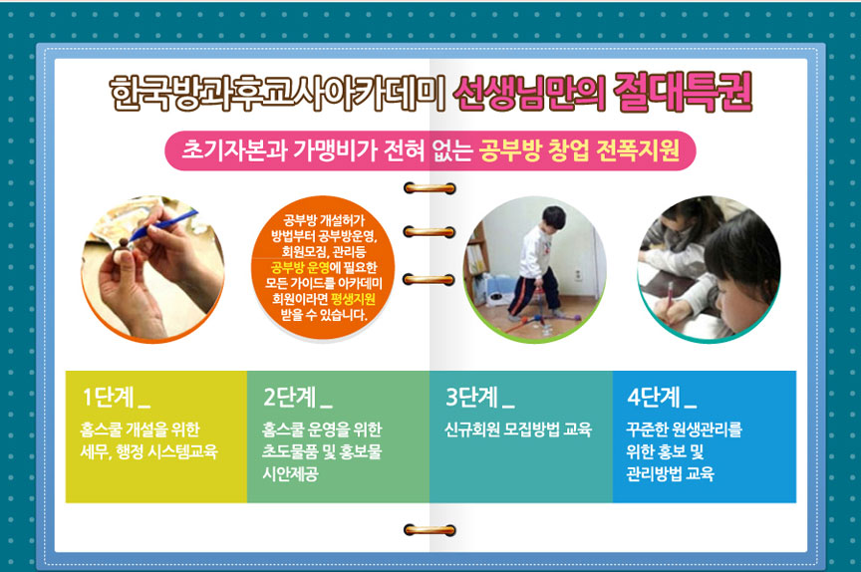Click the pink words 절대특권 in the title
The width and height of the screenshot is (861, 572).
[x=683, y=93]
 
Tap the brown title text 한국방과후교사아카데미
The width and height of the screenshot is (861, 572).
[x=278, y=94]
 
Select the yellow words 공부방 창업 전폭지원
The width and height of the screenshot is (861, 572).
[x=580, y=149]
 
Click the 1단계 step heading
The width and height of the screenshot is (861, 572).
[x=116, y=397]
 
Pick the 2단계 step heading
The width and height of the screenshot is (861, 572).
[x=298, y=397]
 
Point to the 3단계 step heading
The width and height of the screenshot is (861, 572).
[x=480, y=397]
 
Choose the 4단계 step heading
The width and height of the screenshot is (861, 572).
[x=662, y=397]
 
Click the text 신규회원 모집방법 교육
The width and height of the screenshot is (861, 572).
[x=518, y=429]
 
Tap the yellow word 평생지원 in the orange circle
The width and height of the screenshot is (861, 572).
[x=354, y=299]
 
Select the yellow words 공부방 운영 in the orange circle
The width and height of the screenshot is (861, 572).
[x=300, y=268]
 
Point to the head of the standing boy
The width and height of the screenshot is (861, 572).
[x=553, y=219]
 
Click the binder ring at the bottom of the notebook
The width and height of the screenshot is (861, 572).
[x=430, y=530]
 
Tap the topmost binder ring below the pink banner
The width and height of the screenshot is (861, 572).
[x=430, y=188]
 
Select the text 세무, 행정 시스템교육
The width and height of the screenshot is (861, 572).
[x=148, y=451]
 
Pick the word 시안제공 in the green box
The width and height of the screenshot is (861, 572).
[x=290, y=473]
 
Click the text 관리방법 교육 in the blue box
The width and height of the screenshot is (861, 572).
[x=671, y=473]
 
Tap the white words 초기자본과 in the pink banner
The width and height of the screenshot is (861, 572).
[x=234, y=149]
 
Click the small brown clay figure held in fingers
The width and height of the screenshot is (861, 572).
[x=122, y=251]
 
